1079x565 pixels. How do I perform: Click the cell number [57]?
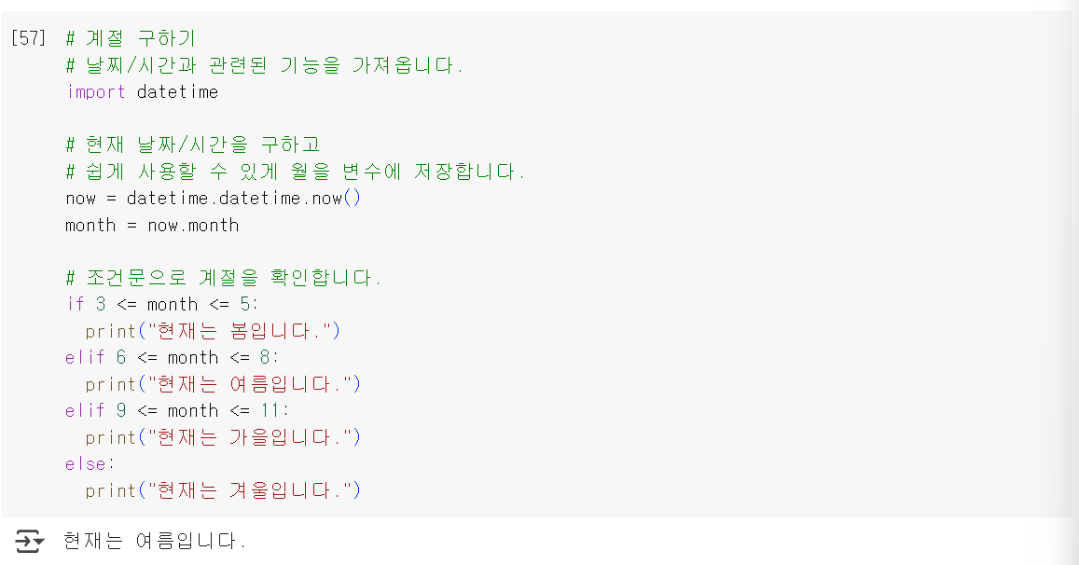click(x=28, y=39)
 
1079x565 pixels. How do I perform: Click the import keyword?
click(x=95, y=92)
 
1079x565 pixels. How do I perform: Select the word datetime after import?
click(x=177, y=92)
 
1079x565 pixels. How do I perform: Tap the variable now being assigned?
click(x=80, y=198)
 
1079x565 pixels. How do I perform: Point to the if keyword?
click(x=75, y=304)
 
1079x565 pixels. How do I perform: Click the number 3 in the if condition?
click(x=101, y=304)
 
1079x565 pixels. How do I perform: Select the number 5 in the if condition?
click(x=244, y=304)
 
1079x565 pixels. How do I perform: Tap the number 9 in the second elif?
click(x=121, y=410)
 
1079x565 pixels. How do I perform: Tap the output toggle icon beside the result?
click(x=29, y=541)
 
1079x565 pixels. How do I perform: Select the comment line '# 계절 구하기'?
click(x=131, y=39)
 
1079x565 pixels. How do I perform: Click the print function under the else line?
click(x=110, y=490)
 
